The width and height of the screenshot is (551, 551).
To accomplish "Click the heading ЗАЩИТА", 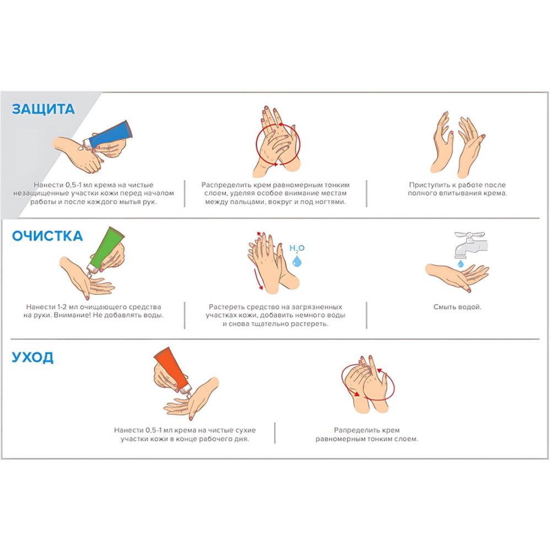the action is tap(43, 109).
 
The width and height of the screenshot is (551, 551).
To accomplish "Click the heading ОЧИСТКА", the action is tap(47, 236).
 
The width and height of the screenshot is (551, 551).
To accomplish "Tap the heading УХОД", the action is tap(33, 357).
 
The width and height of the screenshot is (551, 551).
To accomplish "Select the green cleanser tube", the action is tap(106, 250).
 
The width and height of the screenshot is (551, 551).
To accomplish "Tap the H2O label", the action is tap(297, 249).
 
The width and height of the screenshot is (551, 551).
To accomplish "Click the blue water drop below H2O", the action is tap(297, 261).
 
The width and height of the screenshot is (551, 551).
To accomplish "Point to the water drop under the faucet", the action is tap(460, 263).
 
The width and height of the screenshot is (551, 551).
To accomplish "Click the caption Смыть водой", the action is tap(457, 307).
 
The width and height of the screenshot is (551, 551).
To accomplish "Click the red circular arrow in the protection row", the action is tap(278, 144).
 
